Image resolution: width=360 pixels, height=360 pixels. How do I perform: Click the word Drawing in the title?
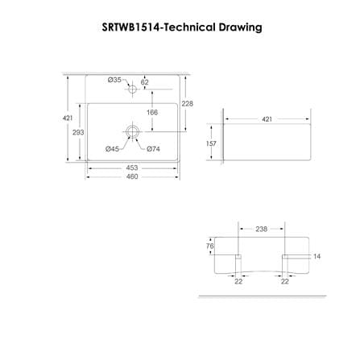pyautogui.click(x=240, y=27)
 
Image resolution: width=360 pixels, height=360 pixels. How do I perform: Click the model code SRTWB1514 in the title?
pyautogui.click(x=130, y=27)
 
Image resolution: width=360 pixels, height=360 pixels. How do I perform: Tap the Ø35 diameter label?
pyautogui.click(x=114, y=80)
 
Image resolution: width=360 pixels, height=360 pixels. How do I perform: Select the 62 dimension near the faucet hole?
pyautogui.click(x=144, y=82)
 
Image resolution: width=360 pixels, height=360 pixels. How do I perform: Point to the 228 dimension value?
pyautogui.click(x=187, y=104)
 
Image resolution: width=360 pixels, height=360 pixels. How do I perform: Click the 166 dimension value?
pyautogui.click(x=152, y=112)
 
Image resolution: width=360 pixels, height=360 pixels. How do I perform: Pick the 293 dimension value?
pyautogui.click(x=78, y=132)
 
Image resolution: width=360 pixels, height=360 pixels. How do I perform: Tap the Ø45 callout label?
pyautogui.click(x=112, y=149)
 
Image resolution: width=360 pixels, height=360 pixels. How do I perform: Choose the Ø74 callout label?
pyautogui.click(x=153, y=149)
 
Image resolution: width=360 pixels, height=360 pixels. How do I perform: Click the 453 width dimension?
pyautogui.click(x=132, y=168)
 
